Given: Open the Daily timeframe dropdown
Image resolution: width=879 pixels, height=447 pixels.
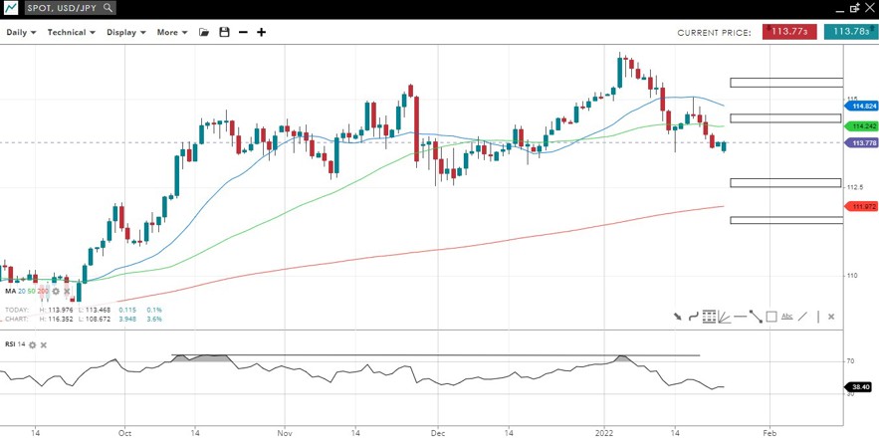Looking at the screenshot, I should tap(21, 32).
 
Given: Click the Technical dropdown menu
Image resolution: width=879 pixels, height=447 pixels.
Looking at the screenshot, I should tap(71, 32).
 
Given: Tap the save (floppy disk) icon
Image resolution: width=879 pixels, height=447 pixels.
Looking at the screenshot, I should tap(224, 32).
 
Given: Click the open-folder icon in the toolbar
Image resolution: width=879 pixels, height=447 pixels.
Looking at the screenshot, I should tap(204, 32).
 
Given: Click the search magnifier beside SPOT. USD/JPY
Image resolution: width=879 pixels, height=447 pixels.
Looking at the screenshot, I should tap(108, 8).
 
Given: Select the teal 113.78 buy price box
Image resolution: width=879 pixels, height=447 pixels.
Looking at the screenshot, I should tap(851, 32).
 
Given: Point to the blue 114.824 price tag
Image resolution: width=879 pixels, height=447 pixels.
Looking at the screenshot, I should tap(863, 106).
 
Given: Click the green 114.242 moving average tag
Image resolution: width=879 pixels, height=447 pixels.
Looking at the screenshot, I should tap(863, 126).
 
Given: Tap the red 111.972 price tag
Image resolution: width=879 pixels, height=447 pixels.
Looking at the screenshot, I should tap(863, 206).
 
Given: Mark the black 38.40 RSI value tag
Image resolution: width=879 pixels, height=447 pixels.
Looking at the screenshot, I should tap(860, 386).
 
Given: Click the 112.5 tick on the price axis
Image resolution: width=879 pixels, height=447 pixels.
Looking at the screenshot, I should tap(854, 187).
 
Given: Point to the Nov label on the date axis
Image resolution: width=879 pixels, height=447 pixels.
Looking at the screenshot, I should tap(284, 434).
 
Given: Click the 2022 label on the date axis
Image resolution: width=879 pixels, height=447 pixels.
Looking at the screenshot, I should tap(604, 434).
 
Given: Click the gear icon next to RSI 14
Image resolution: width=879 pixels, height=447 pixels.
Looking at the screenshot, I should tap(32, 344).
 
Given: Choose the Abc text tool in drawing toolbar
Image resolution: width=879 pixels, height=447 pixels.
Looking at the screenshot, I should tap(786, 317).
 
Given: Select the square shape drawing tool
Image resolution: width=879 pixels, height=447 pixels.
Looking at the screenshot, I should tap(771, 317).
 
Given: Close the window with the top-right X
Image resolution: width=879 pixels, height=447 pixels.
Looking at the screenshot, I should tap(869, 7).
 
